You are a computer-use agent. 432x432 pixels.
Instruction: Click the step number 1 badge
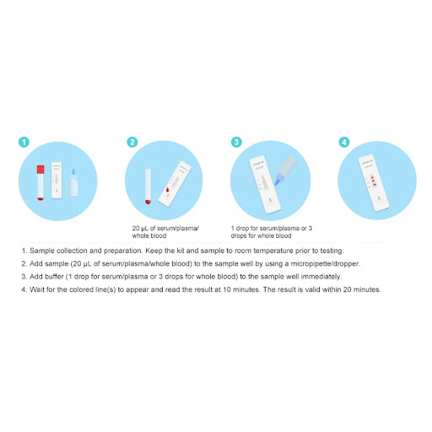[24, 142]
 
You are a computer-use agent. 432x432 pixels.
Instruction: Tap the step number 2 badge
[132, 142]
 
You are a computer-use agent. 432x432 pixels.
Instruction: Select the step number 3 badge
[236, 142]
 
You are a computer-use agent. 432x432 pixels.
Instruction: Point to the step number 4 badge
[344, 142]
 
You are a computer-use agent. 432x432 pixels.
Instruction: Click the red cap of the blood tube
[40, 170]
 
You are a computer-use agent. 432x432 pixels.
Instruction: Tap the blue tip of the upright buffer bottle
[73, 171]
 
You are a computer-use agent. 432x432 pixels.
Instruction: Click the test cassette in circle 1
[57, 181]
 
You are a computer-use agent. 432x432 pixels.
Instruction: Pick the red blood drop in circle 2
[167, 190]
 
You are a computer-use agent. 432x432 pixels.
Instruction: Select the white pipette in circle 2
[148, 186]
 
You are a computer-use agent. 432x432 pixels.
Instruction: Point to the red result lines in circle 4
[373, 181]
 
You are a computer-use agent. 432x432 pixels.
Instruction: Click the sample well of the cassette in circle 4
[379, 198]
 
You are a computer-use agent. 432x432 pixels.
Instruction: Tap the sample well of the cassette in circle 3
[270, 200]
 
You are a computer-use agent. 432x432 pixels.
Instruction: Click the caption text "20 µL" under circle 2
[140, 229]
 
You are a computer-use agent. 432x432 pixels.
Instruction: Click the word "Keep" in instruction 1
[153, 251]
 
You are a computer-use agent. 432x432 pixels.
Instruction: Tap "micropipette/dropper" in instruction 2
[326, 264]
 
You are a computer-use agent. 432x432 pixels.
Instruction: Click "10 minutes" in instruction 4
[241, 289]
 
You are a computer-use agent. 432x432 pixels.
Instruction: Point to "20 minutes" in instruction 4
[362, 289]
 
